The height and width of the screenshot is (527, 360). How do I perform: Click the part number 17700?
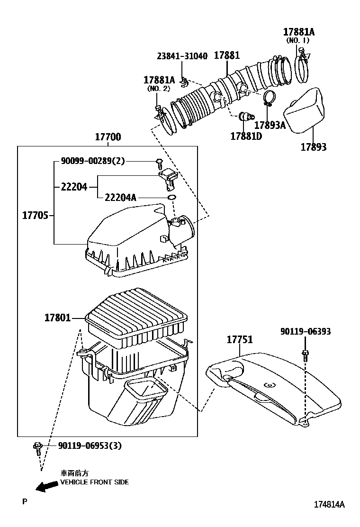[x=108, y=137]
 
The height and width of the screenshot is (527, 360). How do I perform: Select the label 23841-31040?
[x=182, y=56]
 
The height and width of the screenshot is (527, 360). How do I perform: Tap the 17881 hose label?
[x=226, y=55]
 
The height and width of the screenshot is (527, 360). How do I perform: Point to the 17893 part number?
[x=313, y=147]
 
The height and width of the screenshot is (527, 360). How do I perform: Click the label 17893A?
[x=270, y=125]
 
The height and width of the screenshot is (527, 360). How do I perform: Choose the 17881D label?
[x=246, y=136]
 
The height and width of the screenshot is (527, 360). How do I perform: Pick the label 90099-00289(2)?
[x=93, y=161]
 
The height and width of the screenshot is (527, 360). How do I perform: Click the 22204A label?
[x=120, y=197]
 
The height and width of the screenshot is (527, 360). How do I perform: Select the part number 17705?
[x=36, y=215]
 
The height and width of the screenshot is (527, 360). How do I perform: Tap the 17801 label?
[x=58, y=318]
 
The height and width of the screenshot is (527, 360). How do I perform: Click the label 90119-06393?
[x=305, y=332]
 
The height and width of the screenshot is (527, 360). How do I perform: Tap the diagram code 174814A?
[x=329, y=504]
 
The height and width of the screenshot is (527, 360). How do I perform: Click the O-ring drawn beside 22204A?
[x=173, y=197]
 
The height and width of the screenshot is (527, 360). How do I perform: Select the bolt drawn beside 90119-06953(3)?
[x=37, y=448]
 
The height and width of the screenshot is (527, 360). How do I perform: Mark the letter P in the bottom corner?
[x=25, y=501]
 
